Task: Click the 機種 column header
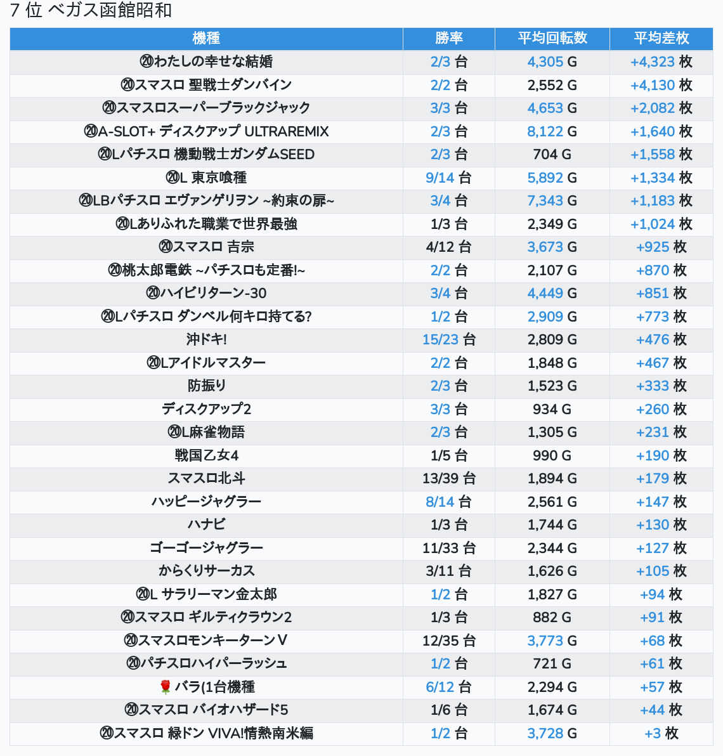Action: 206,38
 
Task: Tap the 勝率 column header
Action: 449,38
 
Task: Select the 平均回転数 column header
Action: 552,38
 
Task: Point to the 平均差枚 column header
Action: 661,38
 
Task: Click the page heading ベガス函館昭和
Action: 110,10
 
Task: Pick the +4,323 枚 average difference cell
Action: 661,62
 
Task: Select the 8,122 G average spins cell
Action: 552,131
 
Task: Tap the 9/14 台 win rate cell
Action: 449,178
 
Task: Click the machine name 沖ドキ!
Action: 206,339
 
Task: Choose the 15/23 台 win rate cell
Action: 449,339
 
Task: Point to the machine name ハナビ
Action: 206,525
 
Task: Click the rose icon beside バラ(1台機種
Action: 166,687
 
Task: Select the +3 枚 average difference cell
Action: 661,733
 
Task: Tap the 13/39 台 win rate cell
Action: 449,478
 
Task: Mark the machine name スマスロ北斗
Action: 206,478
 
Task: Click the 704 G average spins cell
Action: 552,154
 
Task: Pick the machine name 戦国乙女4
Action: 206,455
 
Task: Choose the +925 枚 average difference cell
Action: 661,247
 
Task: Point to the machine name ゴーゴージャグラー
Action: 206,548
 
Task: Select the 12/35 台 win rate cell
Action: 449,641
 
